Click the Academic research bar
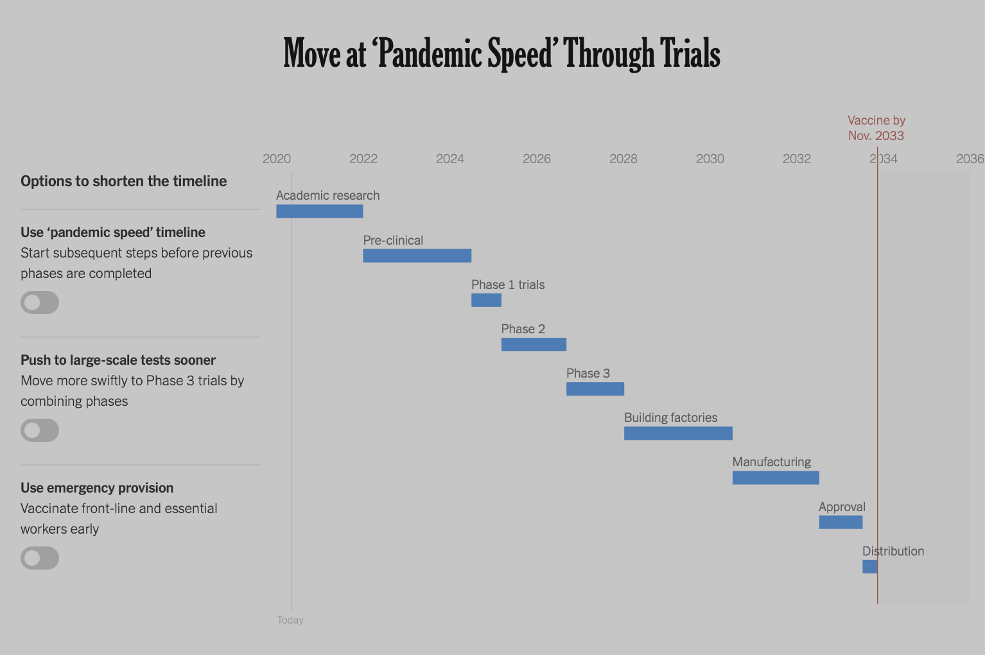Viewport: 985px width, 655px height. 320,211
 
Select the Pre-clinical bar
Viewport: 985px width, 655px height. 417,256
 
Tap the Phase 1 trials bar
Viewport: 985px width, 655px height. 486,300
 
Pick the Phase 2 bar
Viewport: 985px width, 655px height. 534,344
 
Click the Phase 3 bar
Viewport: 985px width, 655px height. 595,389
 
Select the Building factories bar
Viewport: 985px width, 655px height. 678,433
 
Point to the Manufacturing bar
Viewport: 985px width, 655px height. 776,478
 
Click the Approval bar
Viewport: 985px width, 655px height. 841,522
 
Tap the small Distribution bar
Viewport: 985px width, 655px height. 870,566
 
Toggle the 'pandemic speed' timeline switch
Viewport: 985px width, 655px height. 40,302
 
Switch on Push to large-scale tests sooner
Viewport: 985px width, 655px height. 40,430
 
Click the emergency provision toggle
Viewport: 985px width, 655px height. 40,558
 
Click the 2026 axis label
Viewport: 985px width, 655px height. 536,159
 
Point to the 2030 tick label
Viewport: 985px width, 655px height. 710,159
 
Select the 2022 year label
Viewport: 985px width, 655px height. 363,159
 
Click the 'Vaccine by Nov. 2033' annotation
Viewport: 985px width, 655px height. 876,128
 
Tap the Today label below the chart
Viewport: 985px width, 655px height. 290,620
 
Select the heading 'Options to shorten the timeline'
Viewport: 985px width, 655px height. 123,181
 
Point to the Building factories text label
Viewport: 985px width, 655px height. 670,417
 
